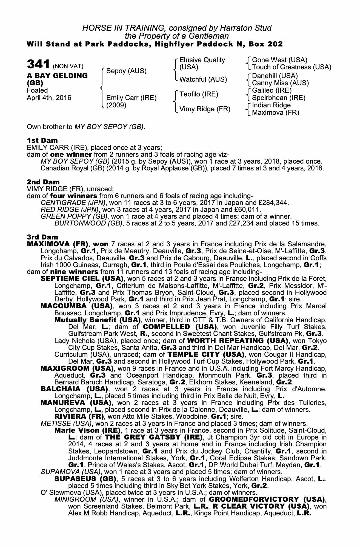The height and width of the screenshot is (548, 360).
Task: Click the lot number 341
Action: click(x=38, y=65)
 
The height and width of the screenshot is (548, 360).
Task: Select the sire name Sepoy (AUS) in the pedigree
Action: click(x=126, y=71)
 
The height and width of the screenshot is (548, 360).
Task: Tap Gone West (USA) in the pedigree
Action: click(x=279, y=60)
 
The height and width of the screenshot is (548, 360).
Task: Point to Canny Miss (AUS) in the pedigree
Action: click(x=280, y=83)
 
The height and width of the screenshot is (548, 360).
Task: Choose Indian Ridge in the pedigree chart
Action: click(x=271, y=105)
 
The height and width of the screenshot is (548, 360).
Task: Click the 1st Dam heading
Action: click(x=42, y=141)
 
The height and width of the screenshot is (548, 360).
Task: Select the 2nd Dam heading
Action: click(x=43, y=182)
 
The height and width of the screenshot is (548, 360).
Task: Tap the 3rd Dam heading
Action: click(x=42, y=237)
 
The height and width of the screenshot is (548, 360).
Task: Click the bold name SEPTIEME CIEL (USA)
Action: click(x=82, y=279)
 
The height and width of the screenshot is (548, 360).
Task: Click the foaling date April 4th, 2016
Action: click(x=49, y=98)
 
